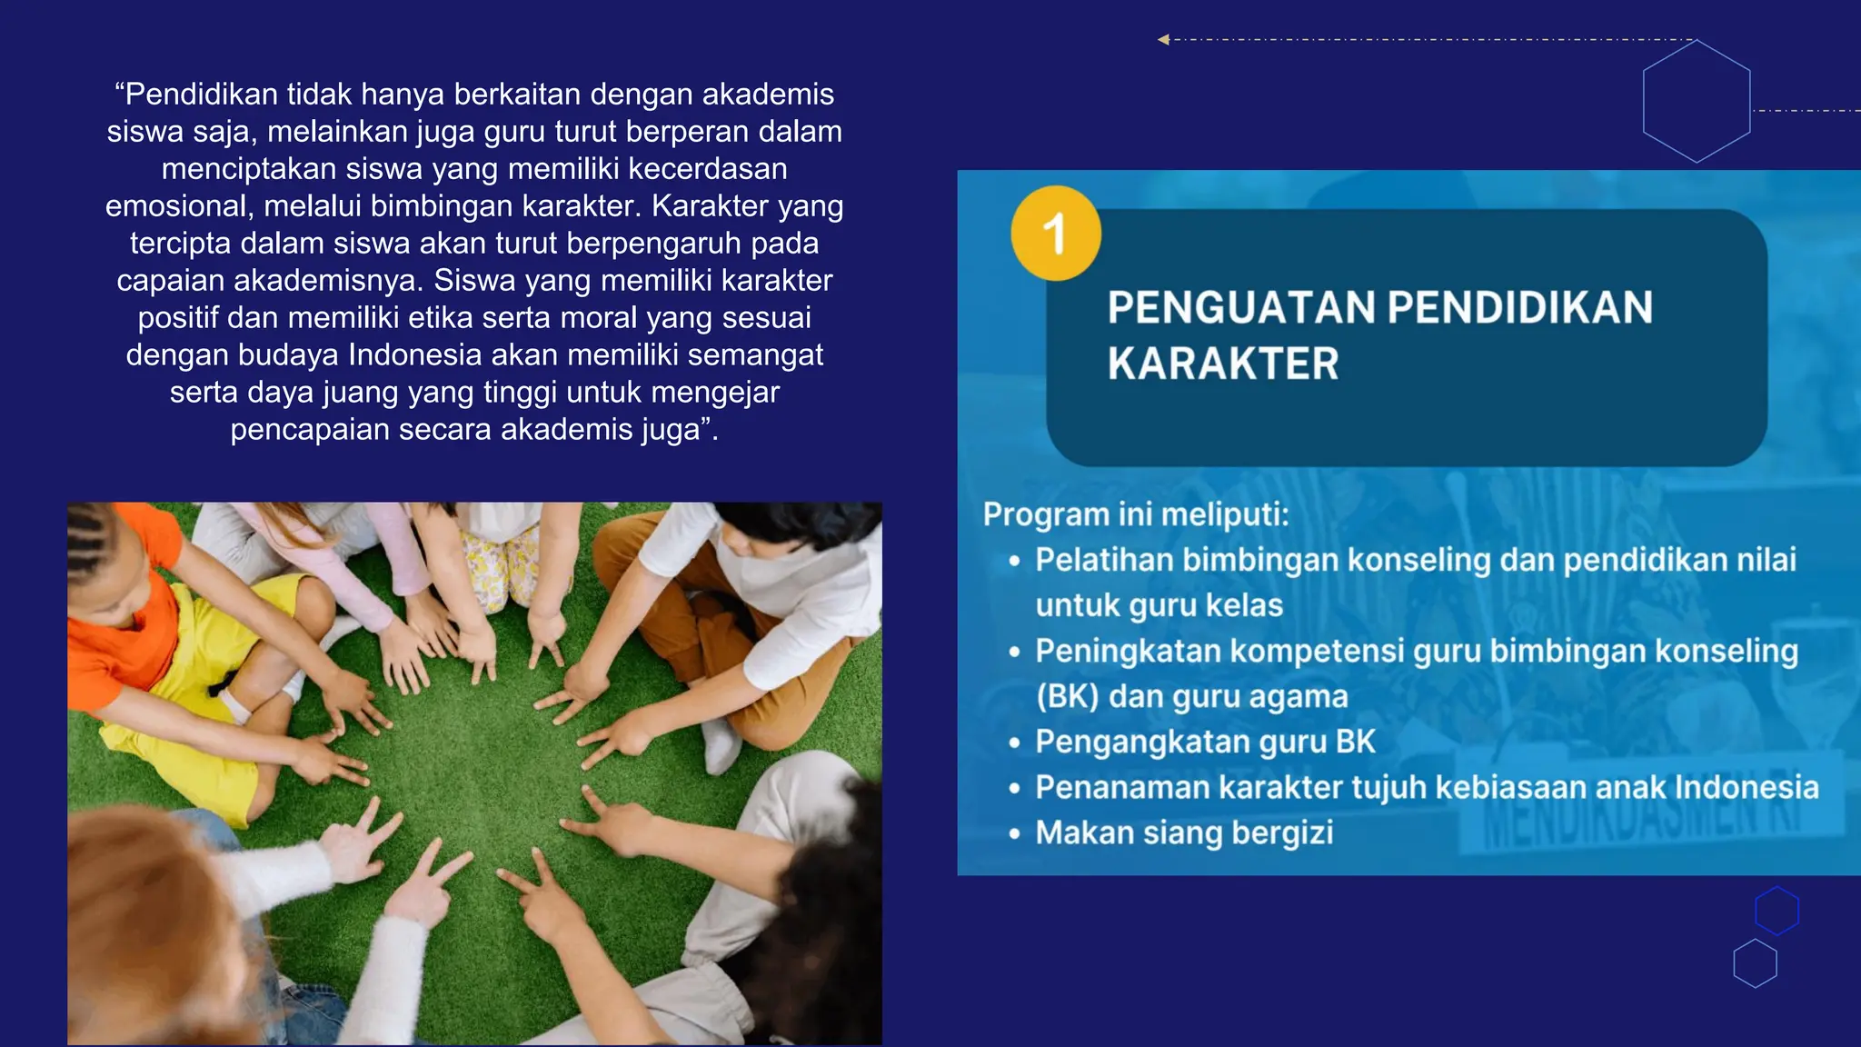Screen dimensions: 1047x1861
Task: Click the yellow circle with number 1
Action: [1056, 234]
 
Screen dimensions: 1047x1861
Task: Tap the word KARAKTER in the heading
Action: [1223, 364]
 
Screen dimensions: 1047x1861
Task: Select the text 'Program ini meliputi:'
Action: [1136, 514]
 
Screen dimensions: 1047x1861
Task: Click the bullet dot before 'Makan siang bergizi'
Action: [1015, 833]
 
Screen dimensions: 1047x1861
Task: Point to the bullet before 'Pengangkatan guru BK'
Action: [1015, 743]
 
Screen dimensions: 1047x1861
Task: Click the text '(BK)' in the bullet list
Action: [1068, 697]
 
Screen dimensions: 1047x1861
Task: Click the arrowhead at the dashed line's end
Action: [1163, 39]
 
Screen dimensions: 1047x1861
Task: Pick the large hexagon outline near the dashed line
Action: [1697, 101]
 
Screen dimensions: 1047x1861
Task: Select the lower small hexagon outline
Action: [1755, 963]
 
